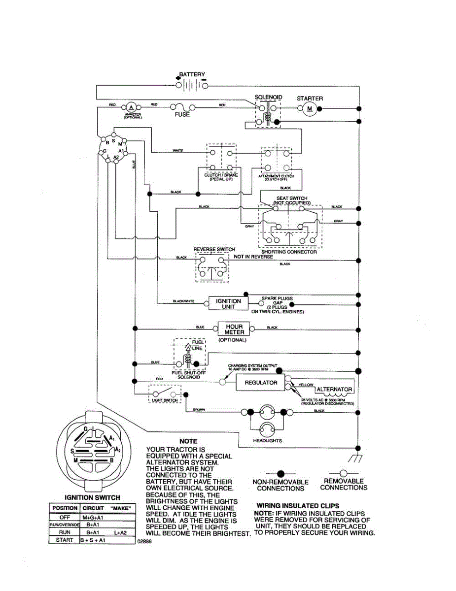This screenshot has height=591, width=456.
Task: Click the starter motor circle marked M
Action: tap(310, 108)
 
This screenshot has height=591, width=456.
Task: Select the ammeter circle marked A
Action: tap(131, 107)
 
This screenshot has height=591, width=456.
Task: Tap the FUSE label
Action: tap(182, 115)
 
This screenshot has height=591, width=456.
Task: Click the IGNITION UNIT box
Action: tap(228, 304)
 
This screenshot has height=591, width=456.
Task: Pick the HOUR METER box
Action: tap(234, 329)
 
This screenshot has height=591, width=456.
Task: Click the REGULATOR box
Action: tap(261, 383)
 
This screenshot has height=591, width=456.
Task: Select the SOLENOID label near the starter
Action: tap(268, 98)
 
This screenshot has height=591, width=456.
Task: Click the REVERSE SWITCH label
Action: tap(214, 249)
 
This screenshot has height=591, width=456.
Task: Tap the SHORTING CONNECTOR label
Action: tap(289, 252)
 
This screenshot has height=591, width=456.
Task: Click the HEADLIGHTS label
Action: tap(268, 440)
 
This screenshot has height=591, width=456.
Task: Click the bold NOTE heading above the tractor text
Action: tap(188, 441)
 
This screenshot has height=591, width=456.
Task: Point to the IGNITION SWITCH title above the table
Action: tap(93, 497)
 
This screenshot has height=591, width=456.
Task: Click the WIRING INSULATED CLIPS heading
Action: tap(298, 506)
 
